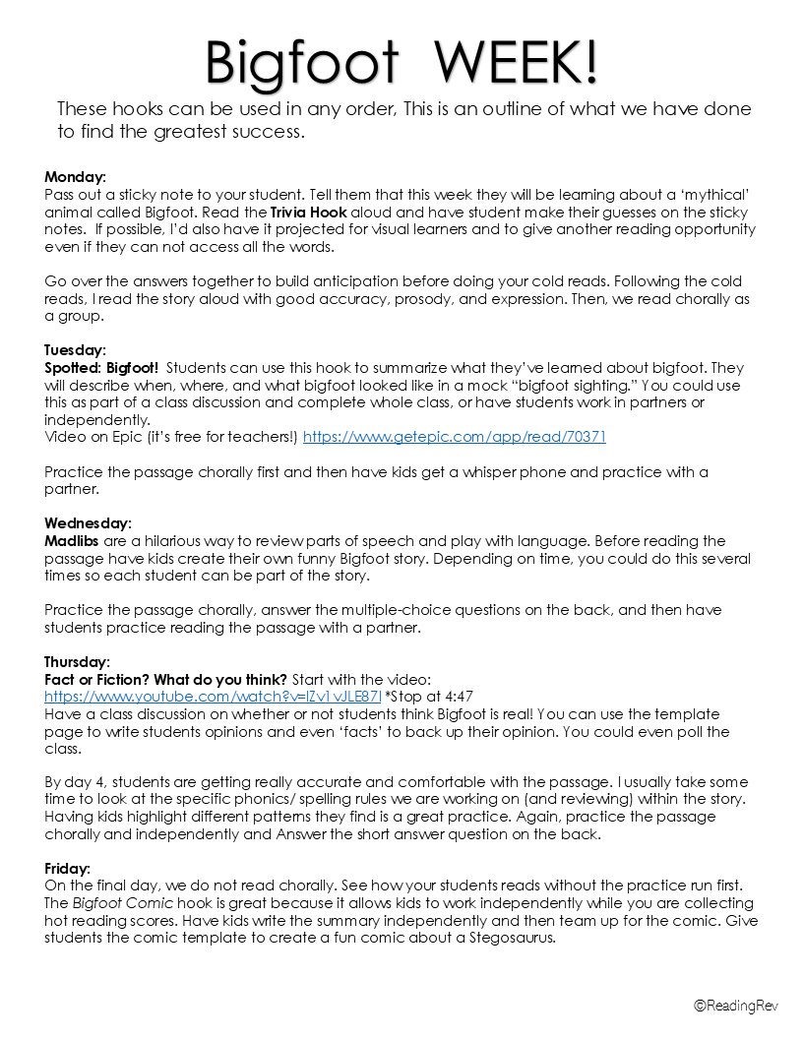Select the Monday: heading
coord(75,177)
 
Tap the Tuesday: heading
coord(75,349)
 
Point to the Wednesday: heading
coord(88,522)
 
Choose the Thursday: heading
coord(77,661)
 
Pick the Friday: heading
coord(67,869)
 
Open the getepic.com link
coord(454,437)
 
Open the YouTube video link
coord(213,697)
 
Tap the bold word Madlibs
coord(71,540)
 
